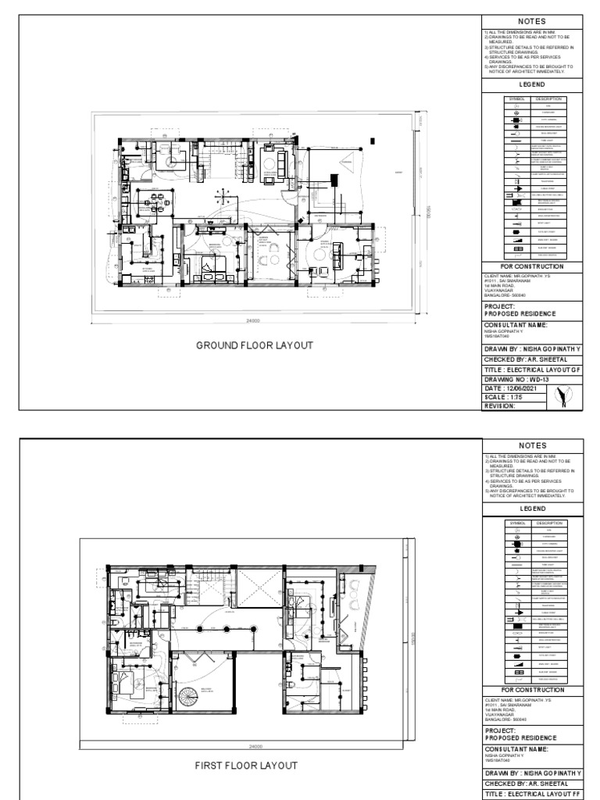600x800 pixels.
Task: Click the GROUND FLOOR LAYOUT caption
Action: [254, 345]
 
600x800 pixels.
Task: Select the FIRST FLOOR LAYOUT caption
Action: [246, 765]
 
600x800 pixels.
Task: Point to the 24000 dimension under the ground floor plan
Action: [253, 321]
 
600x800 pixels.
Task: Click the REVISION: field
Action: [501, 405]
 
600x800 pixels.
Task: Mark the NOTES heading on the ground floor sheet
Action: [532, 21]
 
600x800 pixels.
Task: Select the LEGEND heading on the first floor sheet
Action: [532, 508]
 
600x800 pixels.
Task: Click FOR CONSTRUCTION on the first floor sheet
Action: [532, 690]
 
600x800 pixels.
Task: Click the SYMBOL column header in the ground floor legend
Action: [518, 100]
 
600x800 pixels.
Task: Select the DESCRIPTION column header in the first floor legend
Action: [546, 522]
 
